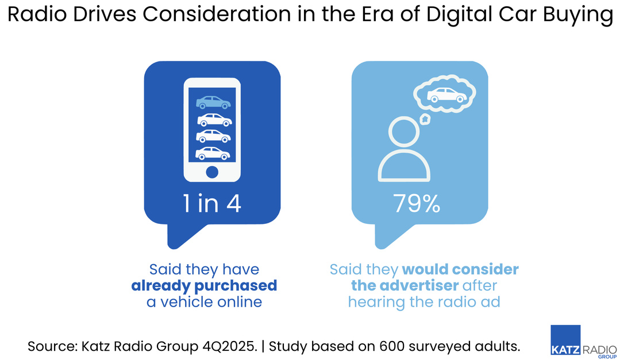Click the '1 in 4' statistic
point(212,204)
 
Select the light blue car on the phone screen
point(213,103)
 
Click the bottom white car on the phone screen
point(213,153)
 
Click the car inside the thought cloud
point(448,95)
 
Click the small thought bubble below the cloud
point(425,119)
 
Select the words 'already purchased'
point(204,285)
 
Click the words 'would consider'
point(460,269)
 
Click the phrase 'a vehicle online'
point(204,301)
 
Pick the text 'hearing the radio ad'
point(424,301)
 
